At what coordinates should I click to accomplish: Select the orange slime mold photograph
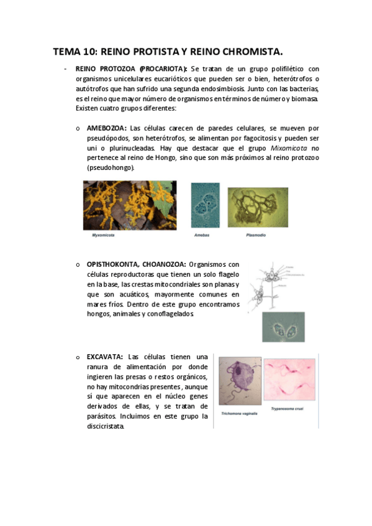point(130,205)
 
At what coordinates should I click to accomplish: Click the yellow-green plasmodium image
point(258,208)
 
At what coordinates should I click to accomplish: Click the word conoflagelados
point(165,314)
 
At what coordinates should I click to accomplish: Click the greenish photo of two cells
point(283,326)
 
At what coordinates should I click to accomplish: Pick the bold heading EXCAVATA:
point(104,357)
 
